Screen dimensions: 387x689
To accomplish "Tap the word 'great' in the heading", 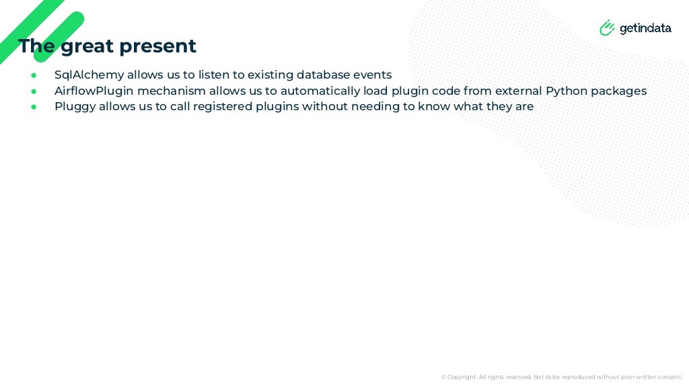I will point(87,47).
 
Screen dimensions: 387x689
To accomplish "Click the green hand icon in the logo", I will point(607,28).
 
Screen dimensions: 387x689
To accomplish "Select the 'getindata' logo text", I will point(645,28).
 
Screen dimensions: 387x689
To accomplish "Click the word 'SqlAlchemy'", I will point(89,75).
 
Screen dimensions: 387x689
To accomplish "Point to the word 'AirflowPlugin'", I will point(94,91).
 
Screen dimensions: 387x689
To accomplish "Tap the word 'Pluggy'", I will point(75,107).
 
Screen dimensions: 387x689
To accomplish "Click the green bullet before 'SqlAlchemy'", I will point(34,75).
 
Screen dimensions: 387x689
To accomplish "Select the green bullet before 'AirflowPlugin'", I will point(34,91).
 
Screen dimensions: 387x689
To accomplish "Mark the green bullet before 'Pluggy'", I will point(34,107).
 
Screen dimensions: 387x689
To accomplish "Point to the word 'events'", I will point(372,75).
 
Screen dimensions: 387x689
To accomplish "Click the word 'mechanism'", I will point(172,91).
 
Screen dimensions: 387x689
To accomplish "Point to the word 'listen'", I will point(213,75).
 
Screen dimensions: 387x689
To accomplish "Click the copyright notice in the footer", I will point(561,377).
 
